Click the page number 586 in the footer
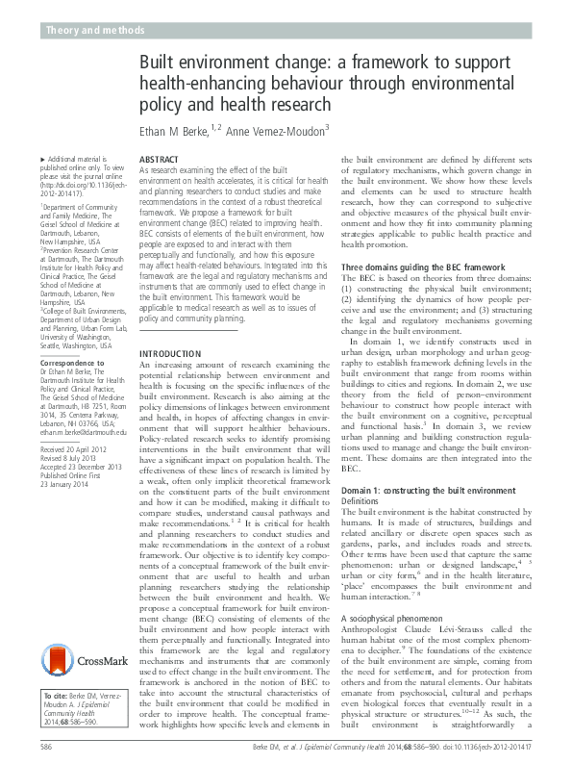pos(46,746)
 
